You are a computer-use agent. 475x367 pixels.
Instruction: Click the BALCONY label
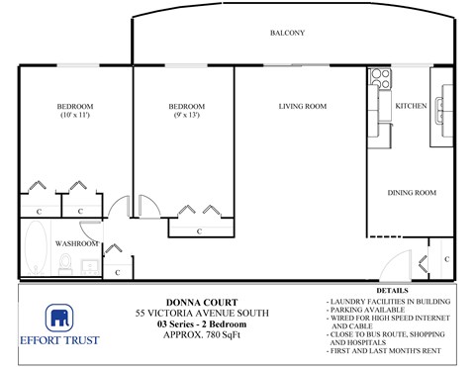click(x=287, y=34)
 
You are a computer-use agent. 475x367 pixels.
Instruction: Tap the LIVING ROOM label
click(x=302, y=107)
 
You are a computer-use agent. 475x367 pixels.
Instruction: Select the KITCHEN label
click(x=411, y=106)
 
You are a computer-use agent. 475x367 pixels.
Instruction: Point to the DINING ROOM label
click(x=411, y=193)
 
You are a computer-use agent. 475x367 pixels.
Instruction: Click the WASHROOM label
click(x=76, y=243)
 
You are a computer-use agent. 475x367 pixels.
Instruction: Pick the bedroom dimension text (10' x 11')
click(x=75, y=117)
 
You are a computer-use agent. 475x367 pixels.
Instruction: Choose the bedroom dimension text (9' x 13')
click(x=186, y=117)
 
